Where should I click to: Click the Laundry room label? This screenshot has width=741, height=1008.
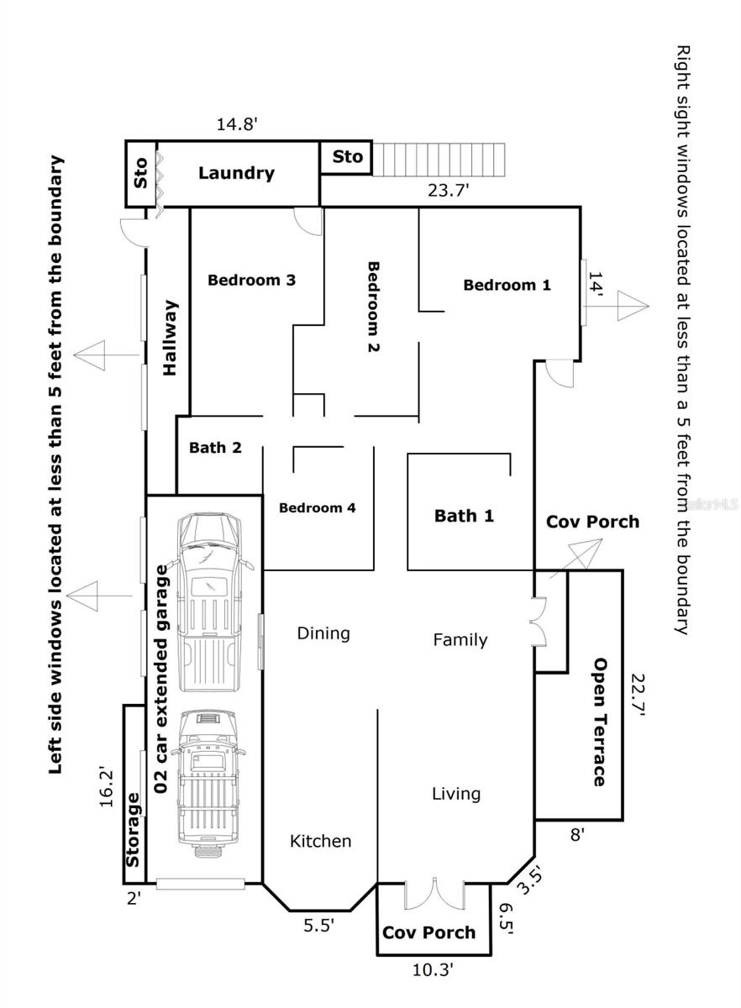236,174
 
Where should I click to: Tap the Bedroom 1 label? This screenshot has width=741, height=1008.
507,285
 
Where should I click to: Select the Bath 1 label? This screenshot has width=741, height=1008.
465,516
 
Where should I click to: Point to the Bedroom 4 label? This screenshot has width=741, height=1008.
318,507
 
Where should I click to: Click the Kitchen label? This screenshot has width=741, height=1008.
321,841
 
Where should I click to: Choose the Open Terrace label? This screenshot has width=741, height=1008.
599,722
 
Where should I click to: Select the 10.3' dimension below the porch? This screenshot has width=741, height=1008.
434,969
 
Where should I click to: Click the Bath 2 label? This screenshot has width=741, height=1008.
215,448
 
